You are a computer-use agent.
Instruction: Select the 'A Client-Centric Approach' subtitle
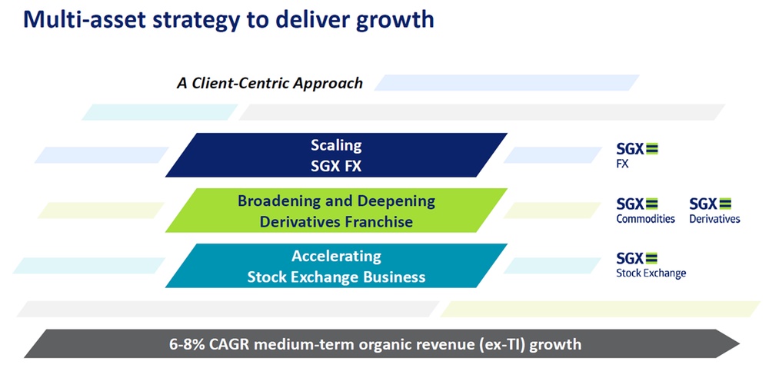coord(270,83)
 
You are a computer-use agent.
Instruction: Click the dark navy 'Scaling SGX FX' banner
coord(336,155)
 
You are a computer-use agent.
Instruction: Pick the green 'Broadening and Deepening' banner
coord(336,211)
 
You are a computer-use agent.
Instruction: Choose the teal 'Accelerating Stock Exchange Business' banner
coord(336,267)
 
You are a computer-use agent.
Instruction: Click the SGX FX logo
coord(638,154)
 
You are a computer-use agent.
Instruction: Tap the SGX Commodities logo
coord(645,210)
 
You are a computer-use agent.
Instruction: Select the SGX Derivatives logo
coord(714,210)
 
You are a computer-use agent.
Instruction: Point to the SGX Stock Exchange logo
coord(651,264)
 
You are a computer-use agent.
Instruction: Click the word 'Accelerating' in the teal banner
coord(336,257)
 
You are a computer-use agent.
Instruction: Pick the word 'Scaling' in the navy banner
coord(336,145)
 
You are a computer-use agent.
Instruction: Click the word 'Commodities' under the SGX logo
coord(645,219)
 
